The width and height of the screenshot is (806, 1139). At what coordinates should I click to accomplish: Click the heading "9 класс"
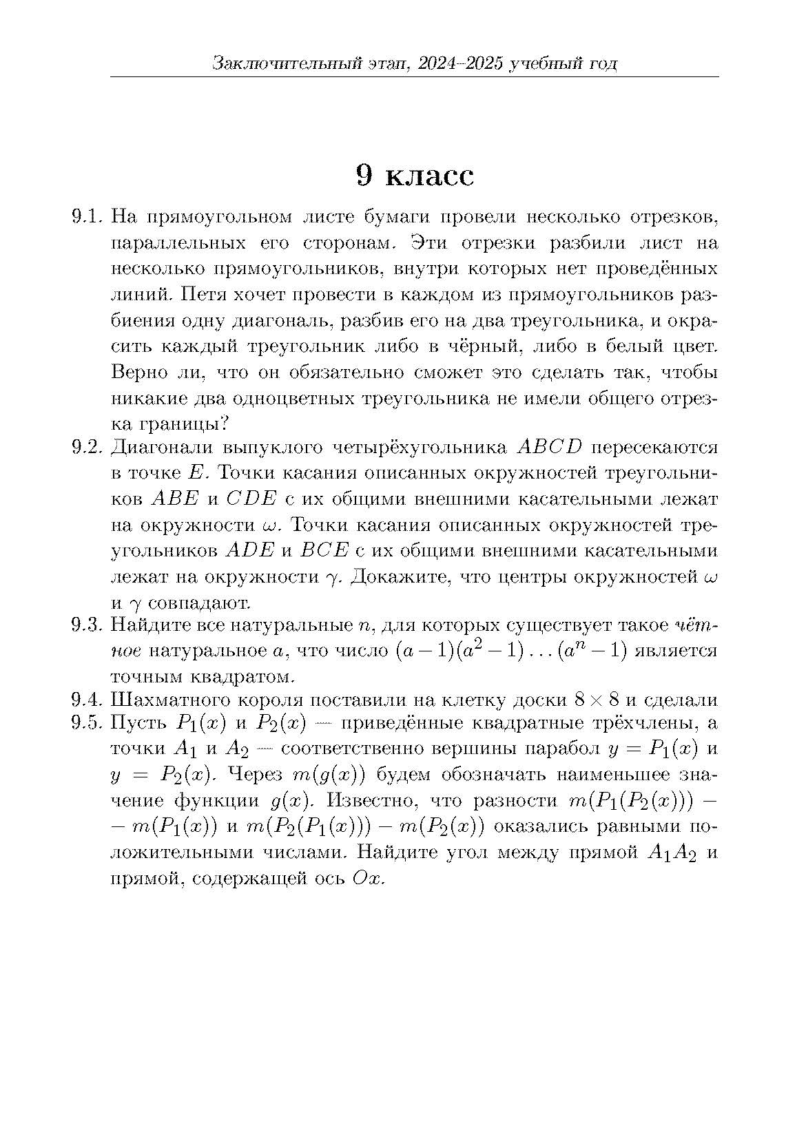pyautogui.click(x=415, y=176)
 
